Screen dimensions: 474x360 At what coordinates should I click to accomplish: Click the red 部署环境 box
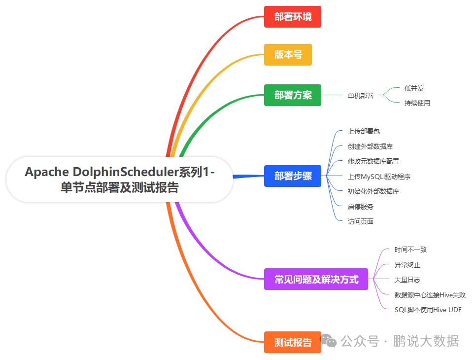(292, 17)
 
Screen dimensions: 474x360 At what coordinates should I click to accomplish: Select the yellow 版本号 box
(288, 55)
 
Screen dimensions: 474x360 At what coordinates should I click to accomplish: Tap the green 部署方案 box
(292, 95)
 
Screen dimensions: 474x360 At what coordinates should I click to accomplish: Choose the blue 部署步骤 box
(292, 176)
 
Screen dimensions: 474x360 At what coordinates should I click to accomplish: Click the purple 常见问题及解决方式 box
(316, 279)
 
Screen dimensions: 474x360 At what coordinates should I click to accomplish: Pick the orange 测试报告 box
(292, 342)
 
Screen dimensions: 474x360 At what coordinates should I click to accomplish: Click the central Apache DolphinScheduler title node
(120, 180)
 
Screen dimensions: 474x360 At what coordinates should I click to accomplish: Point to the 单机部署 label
(360, 96)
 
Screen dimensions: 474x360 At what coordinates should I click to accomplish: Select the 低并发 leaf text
(414, 88)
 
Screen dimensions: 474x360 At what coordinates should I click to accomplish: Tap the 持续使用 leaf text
(417, 103)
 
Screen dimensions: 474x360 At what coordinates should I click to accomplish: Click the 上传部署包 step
(364, 131)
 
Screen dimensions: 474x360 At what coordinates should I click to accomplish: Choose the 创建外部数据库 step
(370, 146)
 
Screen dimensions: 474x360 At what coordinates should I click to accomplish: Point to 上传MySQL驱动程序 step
(379, 177)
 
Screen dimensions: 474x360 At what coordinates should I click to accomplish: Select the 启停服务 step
(360, 207)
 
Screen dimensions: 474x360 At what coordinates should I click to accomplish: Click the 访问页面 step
(360, 221)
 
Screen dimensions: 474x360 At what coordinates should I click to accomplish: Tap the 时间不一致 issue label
(410, 250)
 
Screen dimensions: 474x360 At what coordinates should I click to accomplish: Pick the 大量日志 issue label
(407, 280)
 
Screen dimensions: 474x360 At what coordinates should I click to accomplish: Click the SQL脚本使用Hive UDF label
(428, 310)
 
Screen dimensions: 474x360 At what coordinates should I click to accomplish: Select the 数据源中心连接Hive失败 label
(430, 295)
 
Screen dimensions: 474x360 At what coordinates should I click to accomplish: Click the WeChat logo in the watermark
(328, 341)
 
